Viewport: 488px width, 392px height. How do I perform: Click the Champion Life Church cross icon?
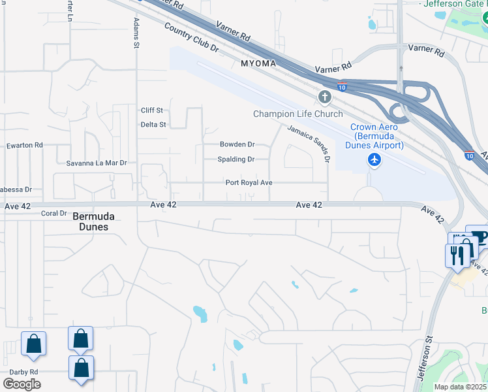[325, 98]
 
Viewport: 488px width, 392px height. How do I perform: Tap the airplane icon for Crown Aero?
[374, 159]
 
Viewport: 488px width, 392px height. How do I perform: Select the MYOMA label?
[259, 63]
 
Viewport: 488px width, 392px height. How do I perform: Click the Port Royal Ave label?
[249, 183]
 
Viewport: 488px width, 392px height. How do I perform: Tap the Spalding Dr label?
[236, 159]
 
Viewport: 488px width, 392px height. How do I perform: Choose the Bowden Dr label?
[237, 144]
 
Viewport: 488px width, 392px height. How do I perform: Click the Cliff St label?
[152, 110]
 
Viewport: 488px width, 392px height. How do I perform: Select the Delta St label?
[153, 124]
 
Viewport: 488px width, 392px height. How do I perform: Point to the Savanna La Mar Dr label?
[96, 162]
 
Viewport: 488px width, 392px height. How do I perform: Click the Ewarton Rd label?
[24, 145]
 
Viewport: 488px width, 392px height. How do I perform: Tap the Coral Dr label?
[54, 213]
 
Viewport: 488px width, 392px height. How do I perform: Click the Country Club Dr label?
[191, 38]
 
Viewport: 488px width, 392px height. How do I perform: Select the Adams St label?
[136, 33]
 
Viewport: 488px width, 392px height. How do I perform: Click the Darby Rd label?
[24, 372]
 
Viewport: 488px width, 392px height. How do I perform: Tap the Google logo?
[22, 384]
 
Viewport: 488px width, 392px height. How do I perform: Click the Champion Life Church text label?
[297, 114]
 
